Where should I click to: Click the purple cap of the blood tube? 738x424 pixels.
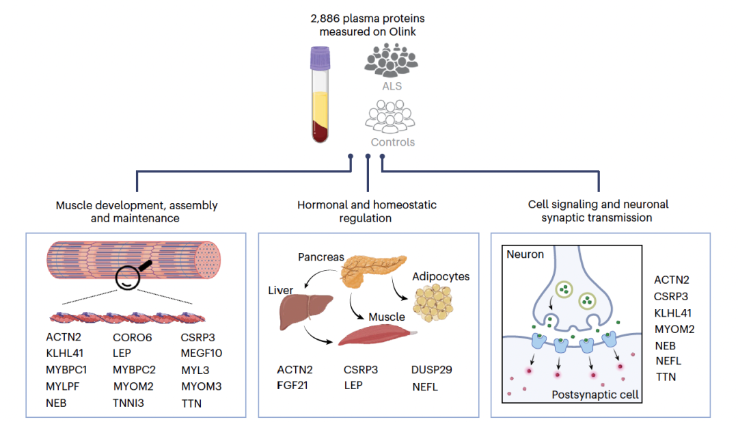point(320,59)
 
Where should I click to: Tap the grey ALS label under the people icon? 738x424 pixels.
point(392,87)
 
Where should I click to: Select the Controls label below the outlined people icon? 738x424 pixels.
point(392,142)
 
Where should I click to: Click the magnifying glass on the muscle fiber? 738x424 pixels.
point(133,274)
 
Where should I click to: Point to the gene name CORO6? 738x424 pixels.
point(133,336)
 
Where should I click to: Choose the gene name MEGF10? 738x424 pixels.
point(202,353)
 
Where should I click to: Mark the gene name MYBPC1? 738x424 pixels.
point(67,370)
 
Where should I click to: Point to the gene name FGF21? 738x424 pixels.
point(292,386)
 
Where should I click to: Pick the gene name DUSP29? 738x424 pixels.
point(432,370)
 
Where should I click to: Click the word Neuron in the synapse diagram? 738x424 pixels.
point(525,254)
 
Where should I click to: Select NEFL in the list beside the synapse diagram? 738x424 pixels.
point(668,360)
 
